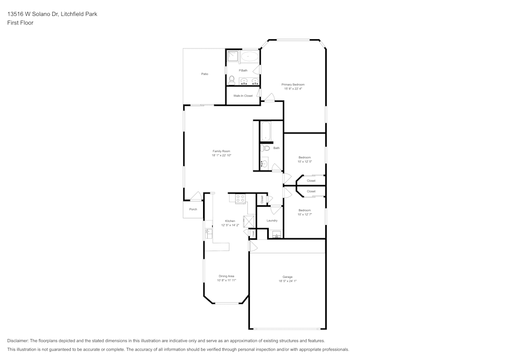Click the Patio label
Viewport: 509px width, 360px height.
pyautogui.click(x=205, y=74)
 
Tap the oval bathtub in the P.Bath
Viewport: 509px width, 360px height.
pyautogui.click(x=249, y=57)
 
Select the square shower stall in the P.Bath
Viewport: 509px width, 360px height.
pyautogui.click(x=232, y=57)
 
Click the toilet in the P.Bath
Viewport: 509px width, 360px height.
pyautogui.click(x=232, y=80)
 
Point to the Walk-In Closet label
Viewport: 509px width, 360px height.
pyautogui.click(x=243, y=96)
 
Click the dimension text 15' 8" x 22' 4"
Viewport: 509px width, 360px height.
pyautogui.click(x=293, y=89)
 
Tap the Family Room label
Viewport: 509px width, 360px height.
pyautogui.click(x=221, y=151)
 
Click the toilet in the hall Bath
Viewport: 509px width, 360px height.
pyautogui.click(x=265, y=148)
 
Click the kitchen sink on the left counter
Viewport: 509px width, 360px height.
pyautogui.click(x=208, y=233)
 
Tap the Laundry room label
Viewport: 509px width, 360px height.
pyautogui.click(x=272, y=220)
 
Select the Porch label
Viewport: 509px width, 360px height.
pyautogui.click(x=193, y=209)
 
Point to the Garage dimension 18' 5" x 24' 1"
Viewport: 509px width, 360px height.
pyautogui.click(x=288, y=281)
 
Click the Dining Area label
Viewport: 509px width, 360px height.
pyautogui.click(x=227, y=276)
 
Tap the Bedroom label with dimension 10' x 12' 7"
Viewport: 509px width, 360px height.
pyautogui.click(x=304, y=210)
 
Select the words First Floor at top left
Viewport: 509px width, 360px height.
pyautogui.click(x=20, y=23)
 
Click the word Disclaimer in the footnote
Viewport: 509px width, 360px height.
pyautogui.click(x=18, y=341)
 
